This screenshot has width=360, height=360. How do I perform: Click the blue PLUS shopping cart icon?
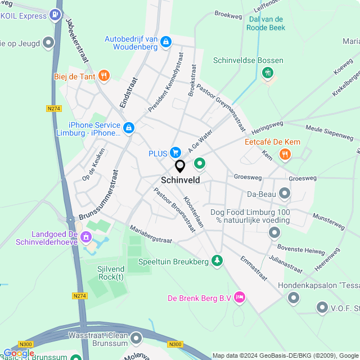pyautogui.click(x=175, y=152)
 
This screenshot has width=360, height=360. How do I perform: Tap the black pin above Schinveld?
pyautogui.click(x=180, y=166)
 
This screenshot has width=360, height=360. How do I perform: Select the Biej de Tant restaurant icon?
pyautogui.click(x=103, y=76)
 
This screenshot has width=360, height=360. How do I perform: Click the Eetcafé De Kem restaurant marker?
pyautogui.click(x=286, y=154)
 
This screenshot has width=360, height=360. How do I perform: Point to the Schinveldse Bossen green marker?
pyautogui.click(x=268, y=73)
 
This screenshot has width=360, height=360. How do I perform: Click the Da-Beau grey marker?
pyautogui.click(x=285, y=195)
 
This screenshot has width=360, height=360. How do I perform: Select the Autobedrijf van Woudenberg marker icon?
pyautogui.click(x=165, y=42)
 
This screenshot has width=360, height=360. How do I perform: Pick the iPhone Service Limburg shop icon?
pyautogui.click(x=129, y=128)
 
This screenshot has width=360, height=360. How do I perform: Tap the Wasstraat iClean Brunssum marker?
pyautogui.click(x=136, y=337)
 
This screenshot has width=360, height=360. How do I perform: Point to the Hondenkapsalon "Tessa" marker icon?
pyautogui.click(x=293, y=299)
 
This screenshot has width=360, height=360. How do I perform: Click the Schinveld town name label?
pyautogui.click(x=180, y=180)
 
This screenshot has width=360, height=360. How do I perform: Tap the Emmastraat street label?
pyautogui.click(x=253, y=268)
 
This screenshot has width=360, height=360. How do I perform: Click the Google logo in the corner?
pyautogui.click(x=18, y=353)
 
